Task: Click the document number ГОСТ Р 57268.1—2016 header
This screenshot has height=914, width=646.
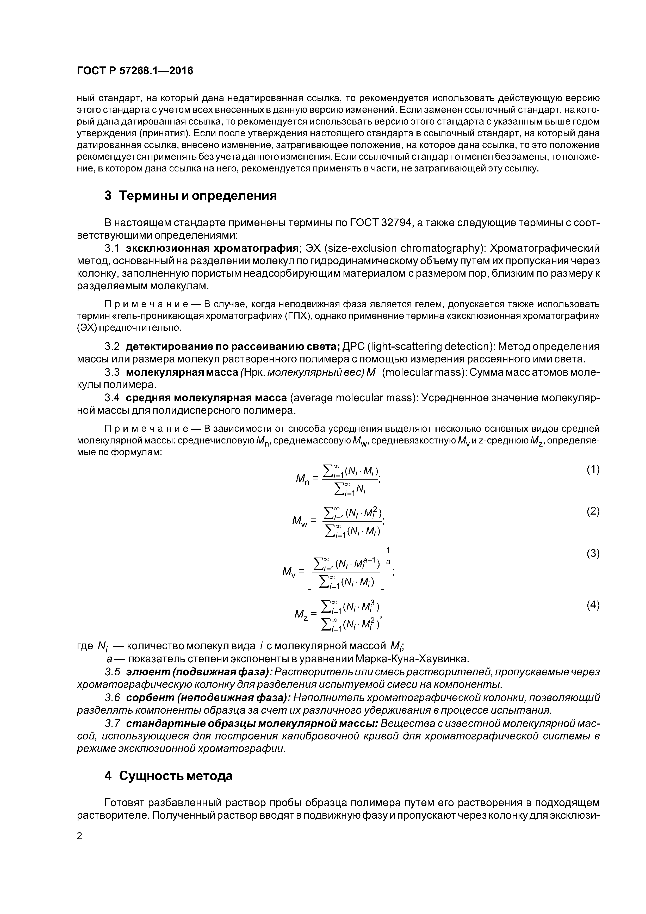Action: [134, 71]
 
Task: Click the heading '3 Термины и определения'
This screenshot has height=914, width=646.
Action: [190, 196]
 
